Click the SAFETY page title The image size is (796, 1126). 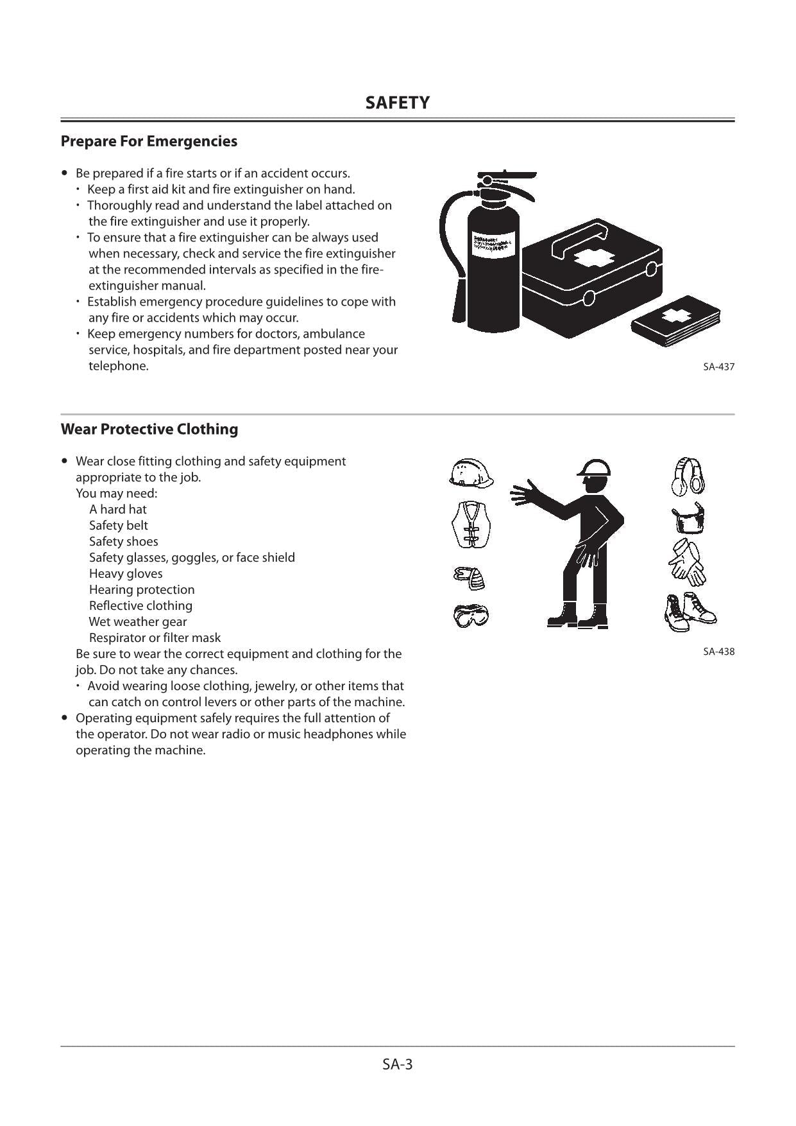397,103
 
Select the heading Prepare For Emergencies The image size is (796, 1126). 149,141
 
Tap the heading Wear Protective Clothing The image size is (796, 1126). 149,429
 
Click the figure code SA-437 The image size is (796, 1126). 718,367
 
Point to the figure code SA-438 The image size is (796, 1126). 718,651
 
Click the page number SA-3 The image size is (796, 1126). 397,1064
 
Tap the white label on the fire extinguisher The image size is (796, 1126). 493,243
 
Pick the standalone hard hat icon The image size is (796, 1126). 471,474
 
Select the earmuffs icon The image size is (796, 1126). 688,476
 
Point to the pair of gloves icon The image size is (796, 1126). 686,562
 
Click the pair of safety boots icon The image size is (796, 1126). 690,612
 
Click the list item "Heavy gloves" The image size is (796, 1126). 126,573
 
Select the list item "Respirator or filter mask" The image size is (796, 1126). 155,637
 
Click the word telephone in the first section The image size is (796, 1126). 118,366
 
